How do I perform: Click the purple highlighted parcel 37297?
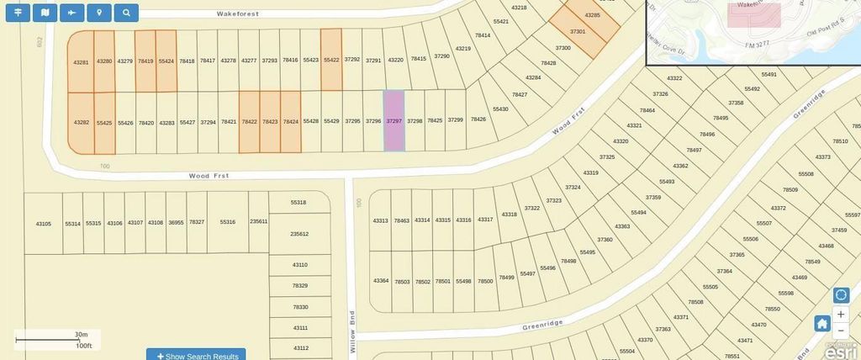click(394, 121)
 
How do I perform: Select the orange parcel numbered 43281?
click(81, 61)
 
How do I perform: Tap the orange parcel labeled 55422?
click(331, 60)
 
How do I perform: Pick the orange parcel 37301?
click(578, 32)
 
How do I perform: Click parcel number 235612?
click(299, 234)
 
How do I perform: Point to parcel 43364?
click(381, 280)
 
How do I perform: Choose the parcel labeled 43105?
click(44, 224)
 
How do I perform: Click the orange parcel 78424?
click(291, 122)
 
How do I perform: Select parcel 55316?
click(227, 222)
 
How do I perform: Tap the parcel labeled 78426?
click(478, 119)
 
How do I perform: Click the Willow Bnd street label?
click(353, 331)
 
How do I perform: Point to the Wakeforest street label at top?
click(238, 14)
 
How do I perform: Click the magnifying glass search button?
click(126, 13)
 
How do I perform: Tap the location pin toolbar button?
click(99, 13)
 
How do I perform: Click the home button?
click(821, 323)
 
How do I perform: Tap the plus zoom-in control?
click(841, 314)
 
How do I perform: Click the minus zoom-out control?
click(841, 331)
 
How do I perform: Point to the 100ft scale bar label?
click(83, 346)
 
